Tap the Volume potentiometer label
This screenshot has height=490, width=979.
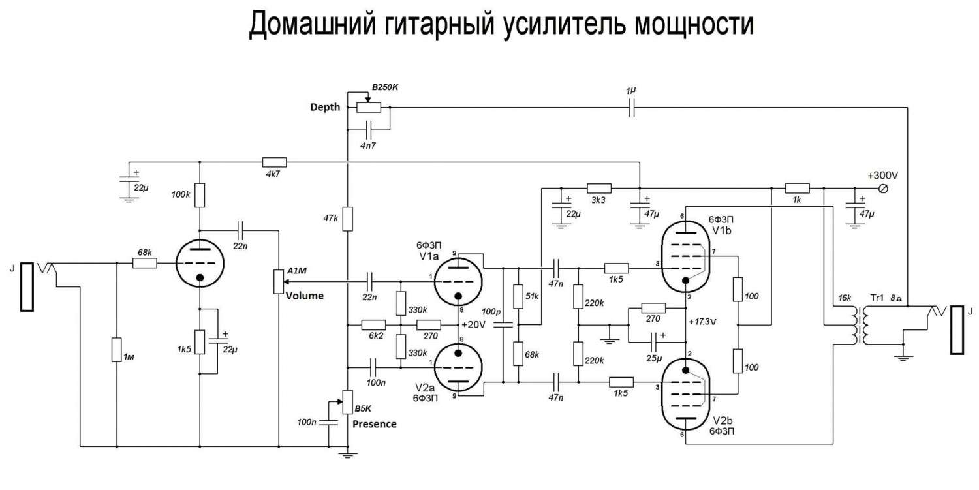tap(305, 296)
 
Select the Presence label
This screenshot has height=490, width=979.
tap(374, 424)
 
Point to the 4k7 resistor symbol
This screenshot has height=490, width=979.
tap(274, 162)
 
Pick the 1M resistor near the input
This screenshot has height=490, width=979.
tap(116, 349)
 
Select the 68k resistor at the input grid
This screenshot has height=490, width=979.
tap(144, 263)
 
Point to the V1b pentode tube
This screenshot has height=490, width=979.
tap(686, 258)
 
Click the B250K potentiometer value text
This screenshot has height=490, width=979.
tap(384, 87)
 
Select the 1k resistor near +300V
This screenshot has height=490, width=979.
tap(797, 188)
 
